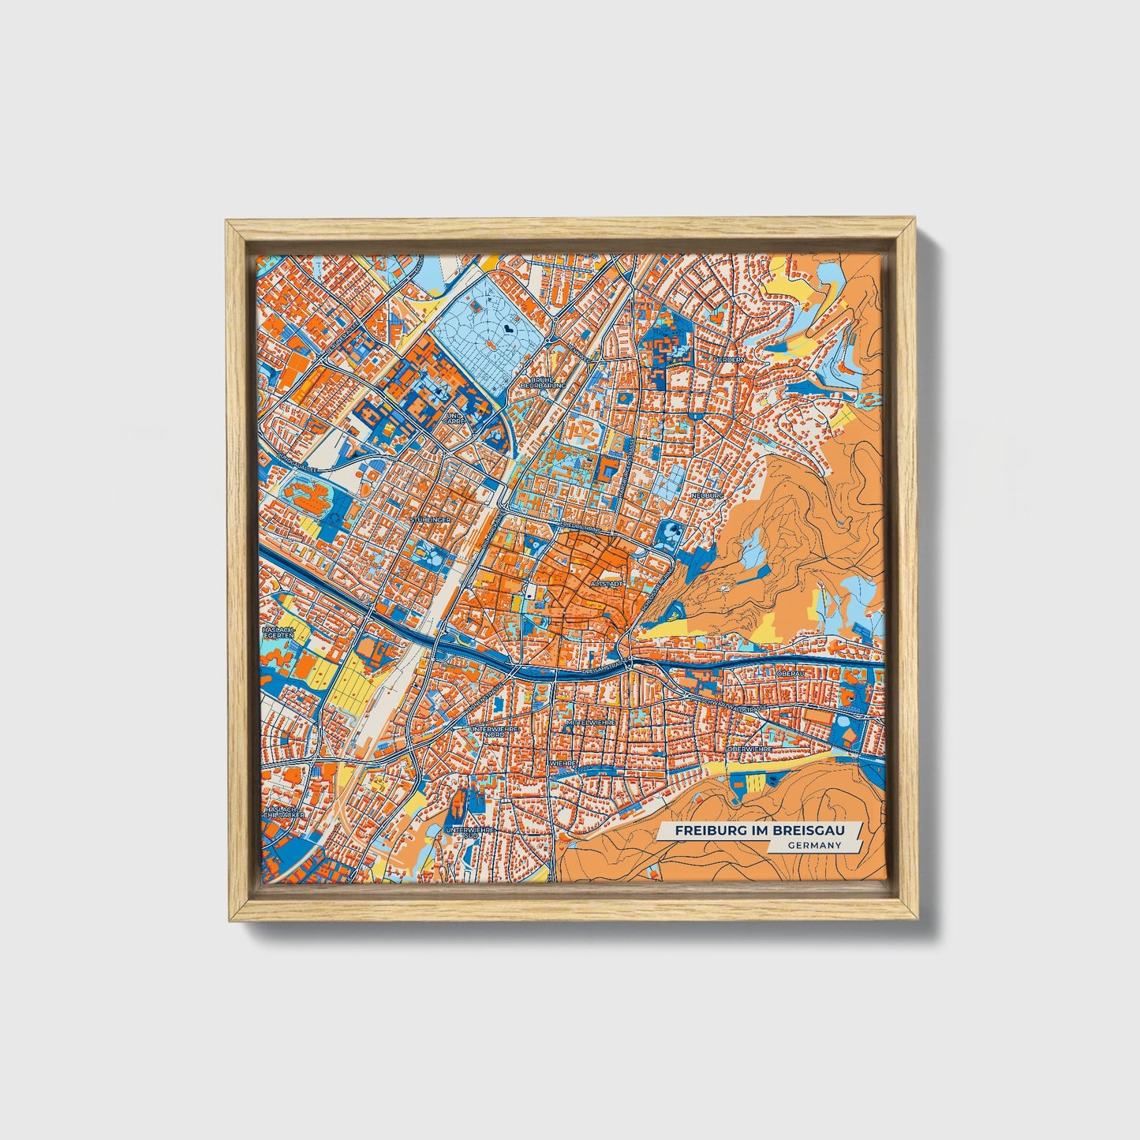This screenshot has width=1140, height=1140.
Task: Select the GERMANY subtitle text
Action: pyautogui.click(x=813, y=846)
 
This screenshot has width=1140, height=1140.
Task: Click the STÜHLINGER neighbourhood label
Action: pyautogui.click(x=431, y=521)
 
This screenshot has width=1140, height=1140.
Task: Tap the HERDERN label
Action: pyautogui.click(x=727, y=360)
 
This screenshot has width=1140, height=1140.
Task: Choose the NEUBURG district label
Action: pyautogui.click(x=706, y=495)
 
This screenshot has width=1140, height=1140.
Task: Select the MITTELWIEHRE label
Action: pyautogui.click(x=590, y=722)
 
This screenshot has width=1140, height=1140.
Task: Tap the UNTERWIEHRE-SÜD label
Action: pyautogui.click(x=470, y=833)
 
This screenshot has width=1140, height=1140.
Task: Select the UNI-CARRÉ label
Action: pyautogui.click(x=453, y=419)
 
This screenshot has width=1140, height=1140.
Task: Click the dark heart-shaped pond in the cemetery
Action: pyautogui.click(x=510, y=323)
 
